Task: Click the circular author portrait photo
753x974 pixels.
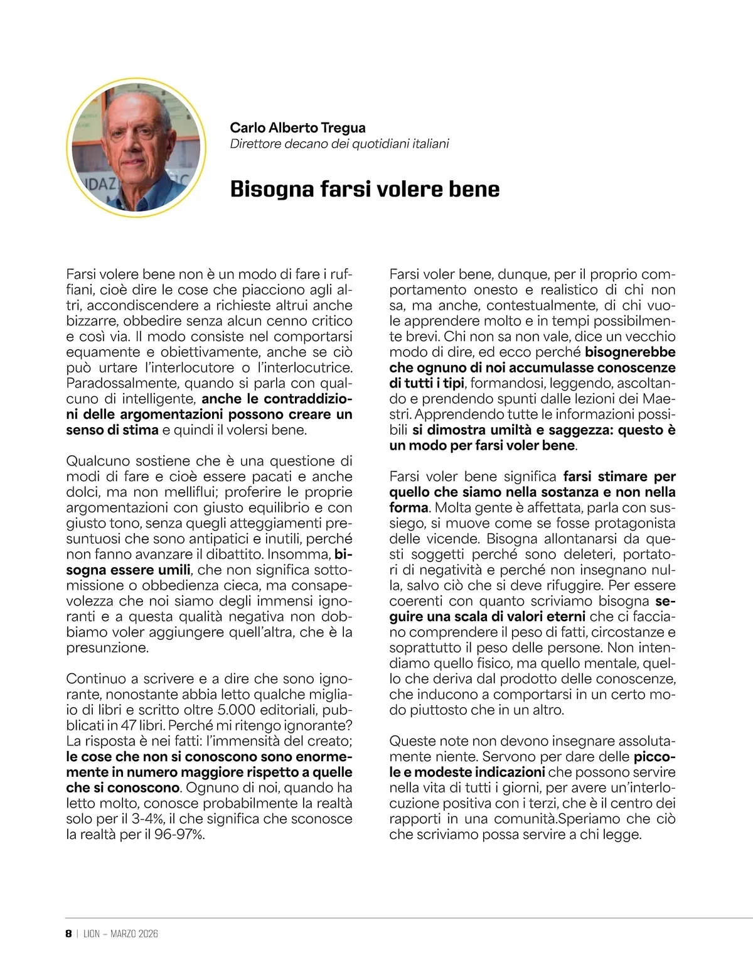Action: pyautogui.click(x=136, y=150)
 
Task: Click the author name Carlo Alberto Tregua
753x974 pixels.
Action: pyautogui.click(x=297, y=127)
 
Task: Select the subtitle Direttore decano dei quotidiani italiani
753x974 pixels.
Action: pyautogui.click(x=339, y=144)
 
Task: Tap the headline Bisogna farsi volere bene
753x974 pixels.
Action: pyautogui.click(x=365, y=189)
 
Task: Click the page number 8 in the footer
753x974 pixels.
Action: pyautogui.click(x=68, y=934)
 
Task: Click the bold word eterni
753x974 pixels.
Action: pyautogui.click(x=564, y=617)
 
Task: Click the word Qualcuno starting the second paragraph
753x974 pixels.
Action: pyautogui.click(x=97, y=461)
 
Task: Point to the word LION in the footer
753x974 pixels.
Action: pyautogui.click(x=92, y=934)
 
